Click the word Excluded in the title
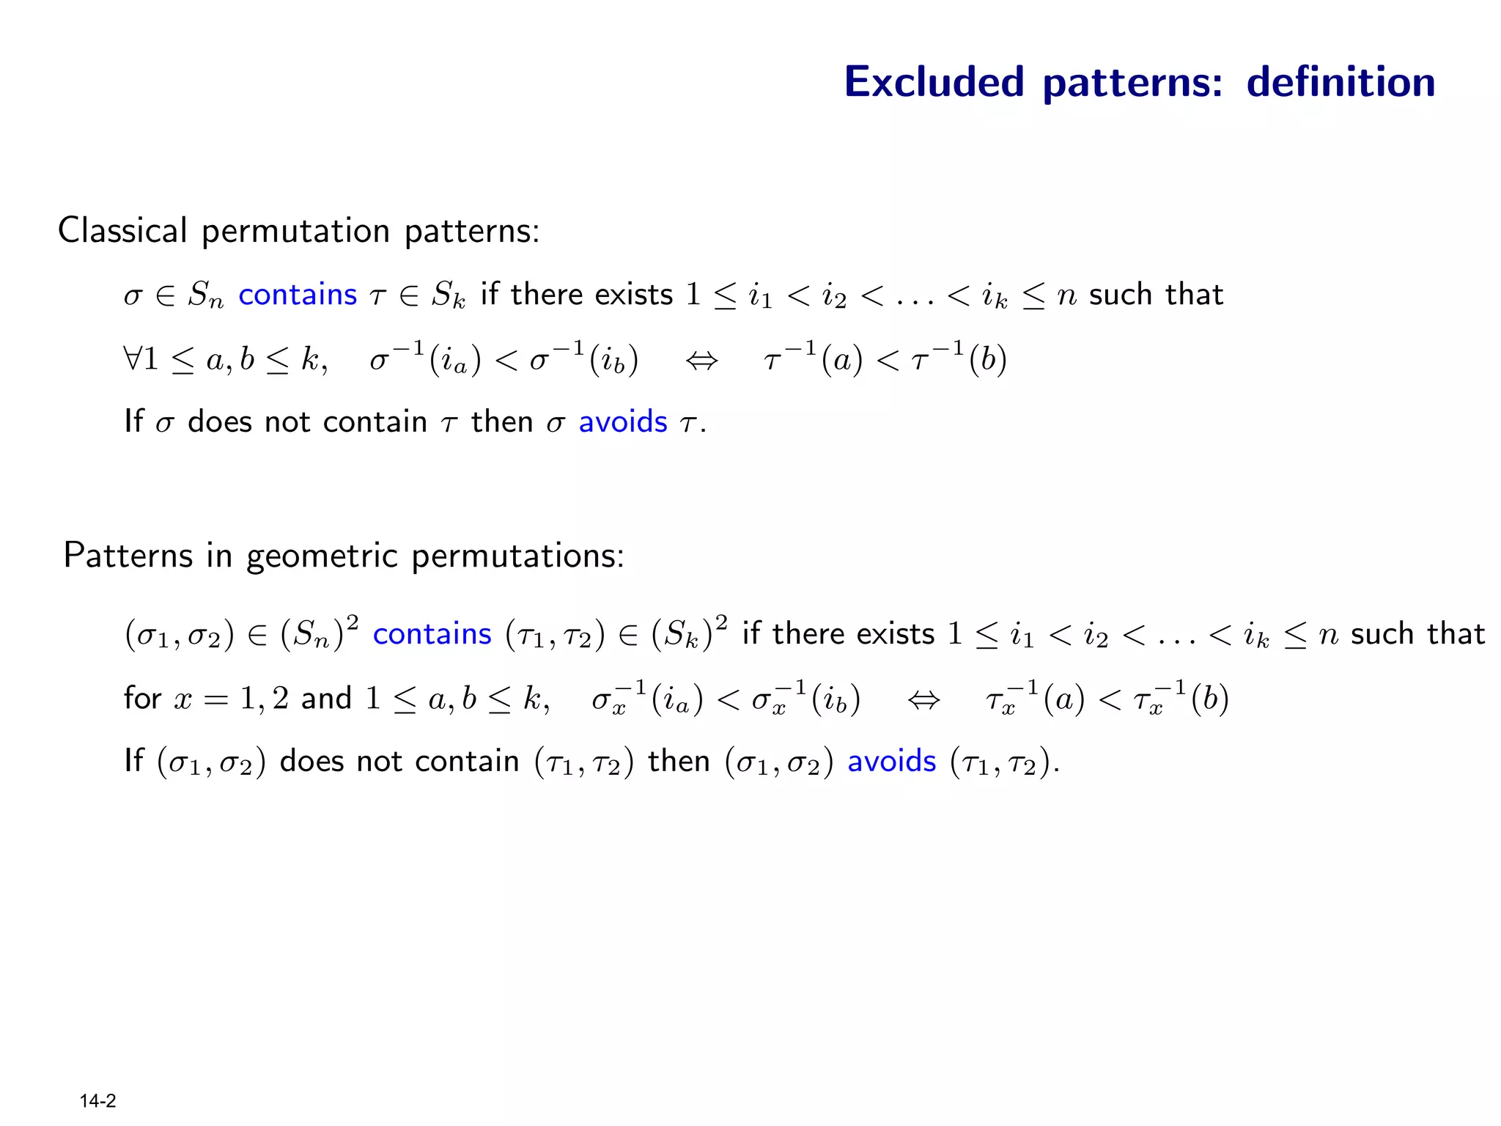(x=934, y=81)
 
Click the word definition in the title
(x=1340, y=81)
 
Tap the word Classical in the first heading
(x=122, y=231)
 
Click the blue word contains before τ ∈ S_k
(x=298, y=295)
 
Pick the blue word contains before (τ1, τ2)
(x=432, y=634)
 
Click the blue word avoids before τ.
(x=623, y=422)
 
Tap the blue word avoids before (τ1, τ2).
(x=891, y=762)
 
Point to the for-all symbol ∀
(x=133, y=359)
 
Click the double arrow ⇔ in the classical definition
(x=701, y=360)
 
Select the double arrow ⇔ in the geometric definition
(x=923, y=699)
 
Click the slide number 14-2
(x=97, y=1101)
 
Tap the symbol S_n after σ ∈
(x=205, y=295)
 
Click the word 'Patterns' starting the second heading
(x=128, y=556)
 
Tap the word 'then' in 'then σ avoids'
(x=501, y=422)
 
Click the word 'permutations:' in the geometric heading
(x=517, y=556)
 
